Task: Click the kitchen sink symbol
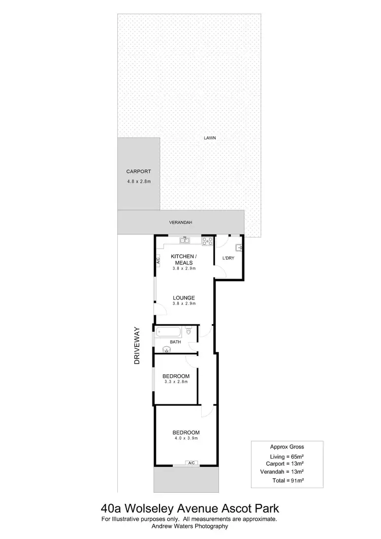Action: [185, 241]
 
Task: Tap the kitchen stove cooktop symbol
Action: [207, 242]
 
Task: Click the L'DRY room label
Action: [228, 259]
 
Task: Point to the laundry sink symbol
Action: [239, 248]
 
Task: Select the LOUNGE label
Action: [184, 297]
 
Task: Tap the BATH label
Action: [175, 342]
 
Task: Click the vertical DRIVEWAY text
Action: [136, 345]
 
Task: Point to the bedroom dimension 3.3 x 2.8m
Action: [176, 382]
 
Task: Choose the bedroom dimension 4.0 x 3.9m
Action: [185, 438]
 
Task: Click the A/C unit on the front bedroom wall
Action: [192, 463]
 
